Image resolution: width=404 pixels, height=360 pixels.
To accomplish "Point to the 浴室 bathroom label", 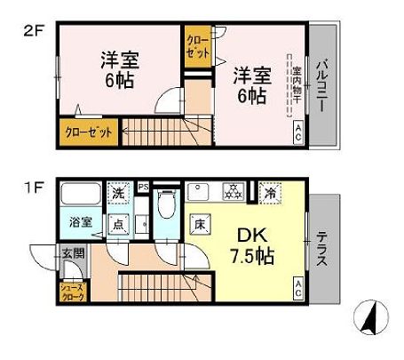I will [x=82, y=223].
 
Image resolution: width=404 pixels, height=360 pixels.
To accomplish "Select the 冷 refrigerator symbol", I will [x=270, y=192].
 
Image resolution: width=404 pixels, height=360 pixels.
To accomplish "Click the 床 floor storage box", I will [x=202, y=223].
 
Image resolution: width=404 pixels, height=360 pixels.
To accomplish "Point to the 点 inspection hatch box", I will [x=119, y=224].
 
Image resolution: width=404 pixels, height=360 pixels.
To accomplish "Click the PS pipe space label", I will [x=143, y=187].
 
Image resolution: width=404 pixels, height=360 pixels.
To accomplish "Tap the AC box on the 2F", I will [x=298, y=134].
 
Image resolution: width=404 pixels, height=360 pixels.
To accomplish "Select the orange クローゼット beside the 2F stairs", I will [x=89, y=132].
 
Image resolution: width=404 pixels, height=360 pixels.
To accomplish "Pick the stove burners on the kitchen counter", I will [x=233, y=190].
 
